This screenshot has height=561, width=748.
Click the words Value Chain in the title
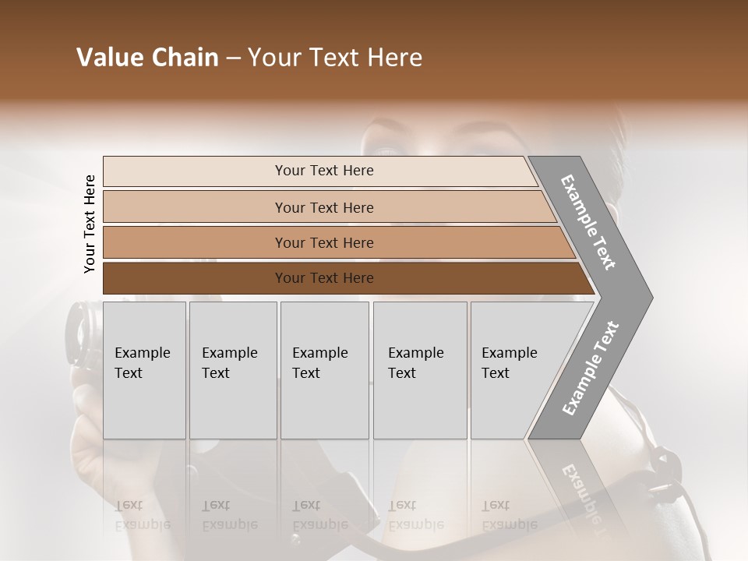(147, 58)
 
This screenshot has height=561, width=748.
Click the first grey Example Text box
(144, 405)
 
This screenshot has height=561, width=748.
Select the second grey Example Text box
(232, 405)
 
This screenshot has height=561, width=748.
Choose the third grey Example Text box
(324, 405)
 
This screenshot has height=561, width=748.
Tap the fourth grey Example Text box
(419, 405)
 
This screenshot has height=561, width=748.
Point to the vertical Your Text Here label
(90, 224)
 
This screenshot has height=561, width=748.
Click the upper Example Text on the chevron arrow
(589, 222)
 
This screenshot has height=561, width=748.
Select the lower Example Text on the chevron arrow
(590, 368)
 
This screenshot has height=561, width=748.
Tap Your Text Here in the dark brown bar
(324, 278)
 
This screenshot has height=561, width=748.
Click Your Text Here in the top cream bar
(324, 171)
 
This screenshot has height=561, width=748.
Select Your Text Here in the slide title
(335, 58)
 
